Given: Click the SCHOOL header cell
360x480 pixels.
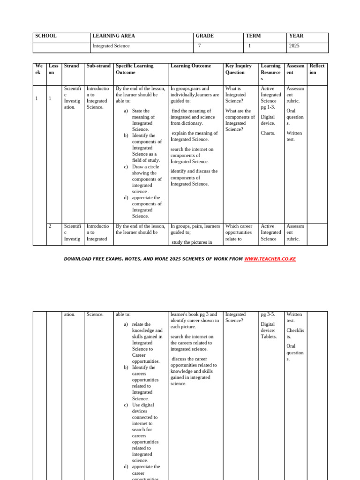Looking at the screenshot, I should pos(46,36).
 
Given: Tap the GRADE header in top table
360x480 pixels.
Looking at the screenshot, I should pos(204,36).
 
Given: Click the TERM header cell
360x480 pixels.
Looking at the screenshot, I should pos(253,36).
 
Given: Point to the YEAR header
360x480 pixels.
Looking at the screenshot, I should pos(296,36).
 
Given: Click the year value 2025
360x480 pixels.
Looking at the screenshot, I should pos(294,46).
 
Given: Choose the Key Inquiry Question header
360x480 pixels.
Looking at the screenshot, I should pos(239,69).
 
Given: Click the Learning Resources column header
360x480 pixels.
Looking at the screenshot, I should pos(270,72).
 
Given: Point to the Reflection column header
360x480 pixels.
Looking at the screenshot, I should pos(317,69).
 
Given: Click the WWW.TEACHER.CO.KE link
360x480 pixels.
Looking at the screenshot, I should pos(270,259).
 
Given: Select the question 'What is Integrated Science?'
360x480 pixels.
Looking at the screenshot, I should pos(235,95).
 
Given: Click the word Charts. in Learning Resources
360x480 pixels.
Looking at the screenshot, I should pos(268,133).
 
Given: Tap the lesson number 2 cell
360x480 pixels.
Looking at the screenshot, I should pos(50,226).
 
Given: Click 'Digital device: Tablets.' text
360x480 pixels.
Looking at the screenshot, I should pos(269,330).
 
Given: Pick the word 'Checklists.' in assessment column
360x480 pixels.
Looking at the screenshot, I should pos(295,333).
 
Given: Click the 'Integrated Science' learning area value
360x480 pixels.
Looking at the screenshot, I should pos(111,46).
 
